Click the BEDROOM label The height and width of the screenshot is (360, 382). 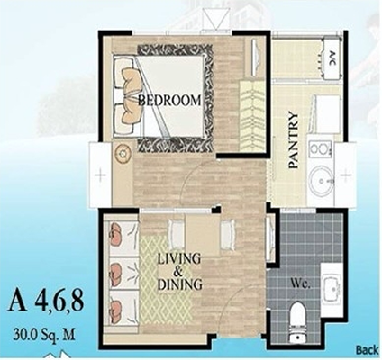coord(169,101)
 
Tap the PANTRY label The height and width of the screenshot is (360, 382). coord(293,140)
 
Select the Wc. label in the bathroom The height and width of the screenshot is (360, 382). coord(300,283)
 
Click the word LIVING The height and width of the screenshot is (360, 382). coord(179,259)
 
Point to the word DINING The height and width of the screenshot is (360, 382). coord(179,284)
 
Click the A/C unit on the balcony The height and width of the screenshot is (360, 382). coord(331,57)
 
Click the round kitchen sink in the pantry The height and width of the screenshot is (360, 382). coord(322,182)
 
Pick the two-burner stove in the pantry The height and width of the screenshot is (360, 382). coord(321,149)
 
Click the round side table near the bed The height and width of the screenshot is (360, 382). coord(123,153)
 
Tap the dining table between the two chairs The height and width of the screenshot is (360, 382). coord(202,236)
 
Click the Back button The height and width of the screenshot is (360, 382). coord(367,350)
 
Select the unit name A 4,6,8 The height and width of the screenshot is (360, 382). coord(46,303)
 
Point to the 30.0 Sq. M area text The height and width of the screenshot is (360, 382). coord(44,335)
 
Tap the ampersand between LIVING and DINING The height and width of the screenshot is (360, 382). coord(178,272)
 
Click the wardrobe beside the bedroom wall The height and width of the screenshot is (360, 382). coord(251,115)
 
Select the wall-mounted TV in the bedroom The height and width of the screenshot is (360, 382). coord(255,57)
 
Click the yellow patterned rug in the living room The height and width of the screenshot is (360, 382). coord(166,281)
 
